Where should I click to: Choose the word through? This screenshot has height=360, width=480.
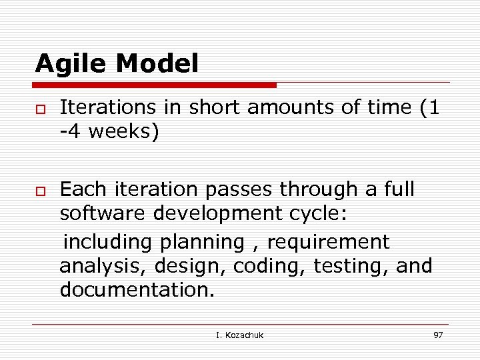tap(319, 190)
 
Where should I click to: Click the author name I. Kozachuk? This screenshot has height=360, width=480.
tap(239, 335)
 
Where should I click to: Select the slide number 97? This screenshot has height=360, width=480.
tap(438, 335)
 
